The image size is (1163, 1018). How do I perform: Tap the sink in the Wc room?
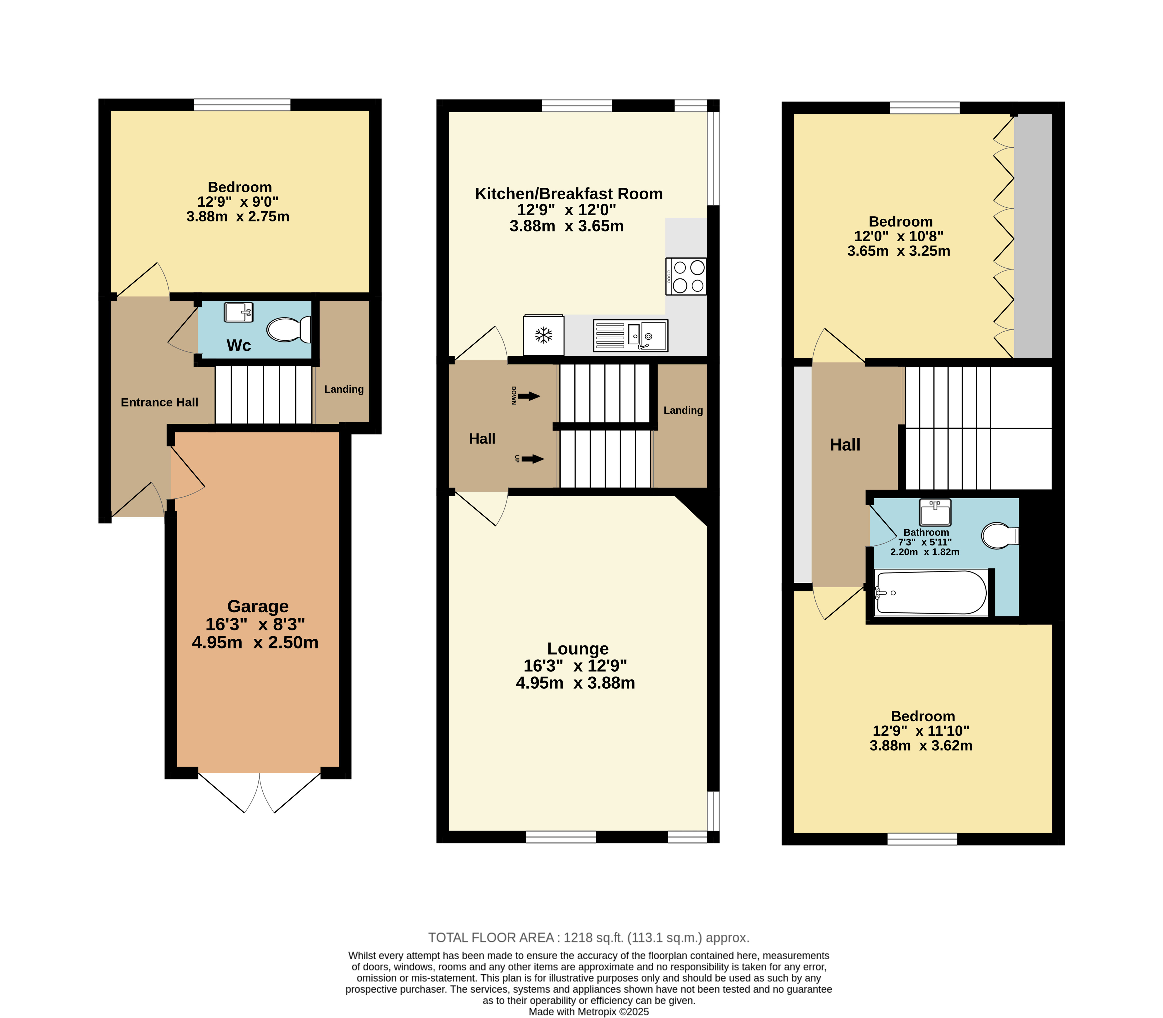click(x=239, y=312)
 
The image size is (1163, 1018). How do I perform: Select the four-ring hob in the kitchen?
click(x=686, y=276)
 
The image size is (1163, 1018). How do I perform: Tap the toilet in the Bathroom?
click(x=1000, y=536)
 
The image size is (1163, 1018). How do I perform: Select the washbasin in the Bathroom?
click(x=935, y=512)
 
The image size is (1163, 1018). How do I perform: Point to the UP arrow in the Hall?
click(x=532, y=459)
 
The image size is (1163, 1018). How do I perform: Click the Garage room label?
click(x=258, y=606)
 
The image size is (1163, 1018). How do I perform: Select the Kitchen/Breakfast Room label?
click(x=569, y=194)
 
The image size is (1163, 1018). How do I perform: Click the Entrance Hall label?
click(x=160, y=402)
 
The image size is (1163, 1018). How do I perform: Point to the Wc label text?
click(x=239, y=345)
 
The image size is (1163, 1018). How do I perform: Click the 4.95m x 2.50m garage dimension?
click(x=255, y=642)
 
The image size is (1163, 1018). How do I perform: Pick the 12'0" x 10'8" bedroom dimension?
click(x=899, y=236)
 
